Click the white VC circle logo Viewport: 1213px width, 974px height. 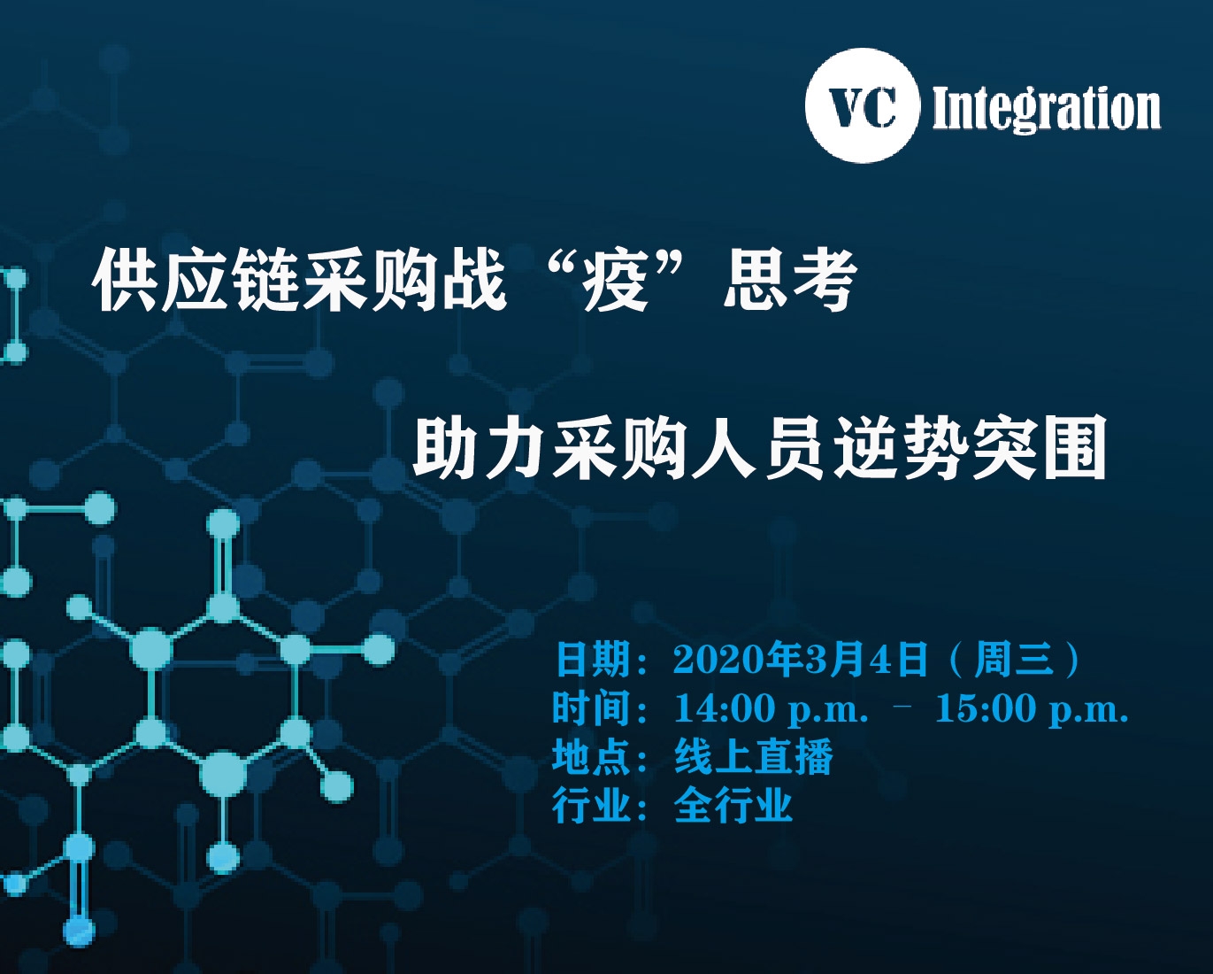click(862, 105)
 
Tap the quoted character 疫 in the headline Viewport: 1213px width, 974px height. click(614, 281)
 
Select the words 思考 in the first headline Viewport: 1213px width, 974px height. click(790, 281)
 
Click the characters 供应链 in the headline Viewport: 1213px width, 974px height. click(195, 281)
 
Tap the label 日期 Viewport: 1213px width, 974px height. click(592, 659)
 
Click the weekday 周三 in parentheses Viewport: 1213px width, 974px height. click(1013, 659)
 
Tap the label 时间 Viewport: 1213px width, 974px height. click(592, 707)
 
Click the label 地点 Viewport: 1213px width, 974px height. click(592, 756)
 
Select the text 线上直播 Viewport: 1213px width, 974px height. click(754, 756)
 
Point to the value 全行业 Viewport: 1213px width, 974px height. click(733, 805)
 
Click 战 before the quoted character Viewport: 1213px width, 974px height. click(474, 281)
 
